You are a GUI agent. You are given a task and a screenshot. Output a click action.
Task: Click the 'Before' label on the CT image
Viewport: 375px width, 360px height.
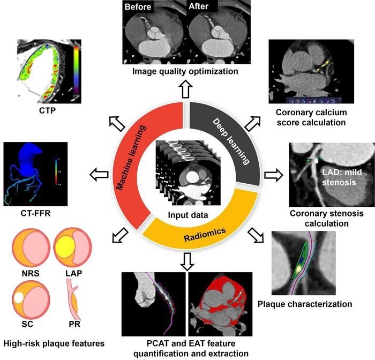click(138, 6)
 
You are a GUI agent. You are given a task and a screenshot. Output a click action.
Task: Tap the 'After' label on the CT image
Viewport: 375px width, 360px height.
click(198, 6)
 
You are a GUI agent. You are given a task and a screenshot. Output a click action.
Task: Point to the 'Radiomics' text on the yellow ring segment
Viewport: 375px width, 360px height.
click(205, 235)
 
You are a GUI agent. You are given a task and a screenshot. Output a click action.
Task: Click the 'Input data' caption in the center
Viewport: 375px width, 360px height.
click(188, 215)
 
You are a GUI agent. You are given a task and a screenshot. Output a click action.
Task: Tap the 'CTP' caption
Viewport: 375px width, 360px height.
click(47, 110)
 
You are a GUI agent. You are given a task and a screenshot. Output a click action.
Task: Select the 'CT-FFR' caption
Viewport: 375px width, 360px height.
click(36, 213)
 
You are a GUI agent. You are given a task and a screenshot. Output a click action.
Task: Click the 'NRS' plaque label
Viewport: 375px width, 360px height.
click(31, 273)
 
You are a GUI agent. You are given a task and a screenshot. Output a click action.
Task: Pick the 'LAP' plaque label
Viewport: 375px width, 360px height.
click(74, 273)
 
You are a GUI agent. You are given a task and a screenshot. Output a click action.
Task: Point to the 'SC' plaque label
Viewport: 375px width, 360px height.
click(27, 324)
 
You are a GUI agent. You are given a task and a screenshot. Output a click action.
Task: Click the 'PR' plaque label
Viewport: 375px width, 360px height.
click(74, 324)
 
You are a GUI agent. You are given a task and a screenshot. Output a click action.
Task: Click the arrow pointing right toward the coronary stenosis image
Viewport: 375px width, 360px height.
click(274, 175)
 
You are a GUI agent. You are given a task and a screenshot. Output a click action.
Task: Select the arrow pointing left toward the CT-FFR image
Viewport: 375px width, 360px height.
click(99, 175)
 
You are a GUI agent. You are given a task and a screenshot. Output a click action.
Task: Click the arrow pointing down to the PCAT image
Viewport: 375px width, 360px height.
click(187, 261)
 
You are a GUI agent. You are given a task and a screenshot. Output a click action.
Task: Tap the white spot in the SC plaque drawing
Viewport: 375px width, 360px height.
click(19, 298)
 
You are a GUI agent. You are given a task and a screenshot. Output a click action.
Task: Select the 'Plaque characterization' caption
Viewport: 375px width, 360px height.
click(305, 304)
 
